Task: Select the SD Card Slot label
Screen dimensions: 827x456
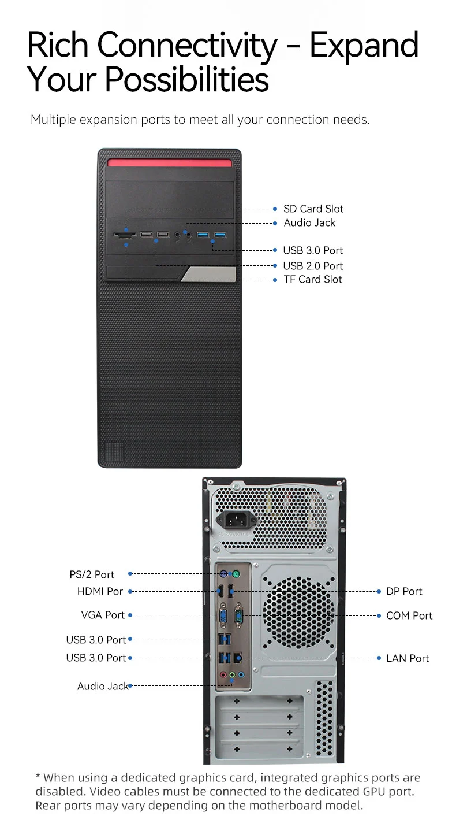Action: [x=313, y=209]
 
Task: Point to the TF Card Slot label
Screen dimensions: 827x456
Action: [x=313, y=280]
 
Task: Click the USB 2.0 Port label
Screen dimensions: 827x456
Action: [x=313, y=266]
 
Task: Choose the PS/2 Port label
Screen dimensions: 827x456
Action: [x=92, y=574]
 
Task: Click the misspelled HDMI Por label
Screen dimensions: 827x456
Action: [x=100, y=592]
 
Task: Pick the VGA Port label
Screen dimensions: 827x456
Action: [x=103, y=615]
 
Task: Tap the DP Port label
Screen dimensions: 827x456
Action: [x=404, y=592]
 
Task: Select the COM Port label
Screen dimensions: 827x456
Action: [x=409, y=616]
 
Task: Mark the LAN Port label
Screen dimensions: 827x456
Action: [x=408, y=658]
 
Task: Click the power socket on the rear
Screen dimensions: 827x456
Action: [x=236, y=519]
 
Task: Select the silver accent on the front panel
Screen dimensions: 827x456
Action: [x=208, y=275]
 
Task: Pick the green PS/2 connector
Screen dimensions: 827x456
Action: [x=235, y=574]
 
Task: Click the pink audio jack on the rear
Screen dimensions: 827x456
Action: [x=223, y=674]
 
